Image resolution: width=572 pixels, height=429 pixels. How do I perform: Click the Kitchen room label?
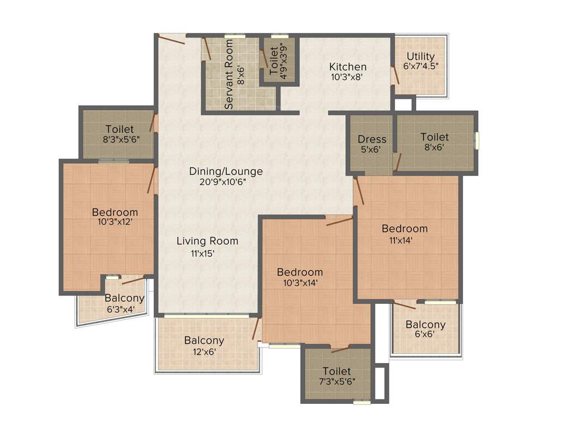point(347,67)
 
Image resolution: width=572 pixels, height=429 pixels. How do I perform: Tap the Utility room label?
point(421,56)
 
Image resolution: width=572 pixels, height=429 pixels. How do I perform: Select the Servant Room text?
point(229,83)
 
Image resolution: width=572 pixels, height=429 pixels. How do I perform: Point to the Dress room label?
point(372,139)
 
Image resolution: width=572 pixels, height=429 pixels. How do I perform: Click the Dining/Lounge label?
point(226,171)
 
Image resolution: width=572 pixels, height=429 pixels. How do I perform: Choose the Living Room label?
point(207,241)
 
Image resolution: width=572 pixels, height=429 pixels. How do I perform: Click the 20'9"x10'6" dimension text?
point(226,182)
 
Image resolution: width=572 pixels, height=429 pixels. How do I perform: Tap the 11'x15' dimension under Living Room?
point(203,254)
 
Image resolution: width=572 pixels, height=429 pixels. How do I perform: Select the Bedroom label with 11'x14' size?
point(404,228)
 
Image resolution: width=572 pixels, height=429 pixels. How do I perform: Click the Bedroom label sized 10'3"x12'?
point(115,212)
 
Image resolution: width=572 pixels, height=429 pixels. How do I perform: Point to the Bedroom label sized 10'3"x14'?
point(300,272)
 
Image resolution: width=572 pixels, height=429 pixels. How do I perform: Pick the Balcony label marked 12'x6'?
point(204,340)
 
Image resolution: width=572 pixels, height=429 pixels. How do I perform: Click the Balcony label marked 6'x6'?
point(426,325)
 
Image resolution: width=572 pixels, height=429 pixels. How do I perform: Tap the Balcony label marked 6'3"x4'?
point(124,298)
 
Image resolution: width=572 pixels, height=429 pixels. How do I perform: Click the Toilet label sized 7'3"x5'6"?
point(337,371)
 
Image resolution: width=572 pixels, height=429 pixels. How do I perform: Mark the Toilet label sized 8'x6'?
point(435,137)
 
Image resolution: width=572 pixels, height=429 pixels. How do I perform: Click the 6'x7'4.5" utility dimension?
point(421,65)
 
